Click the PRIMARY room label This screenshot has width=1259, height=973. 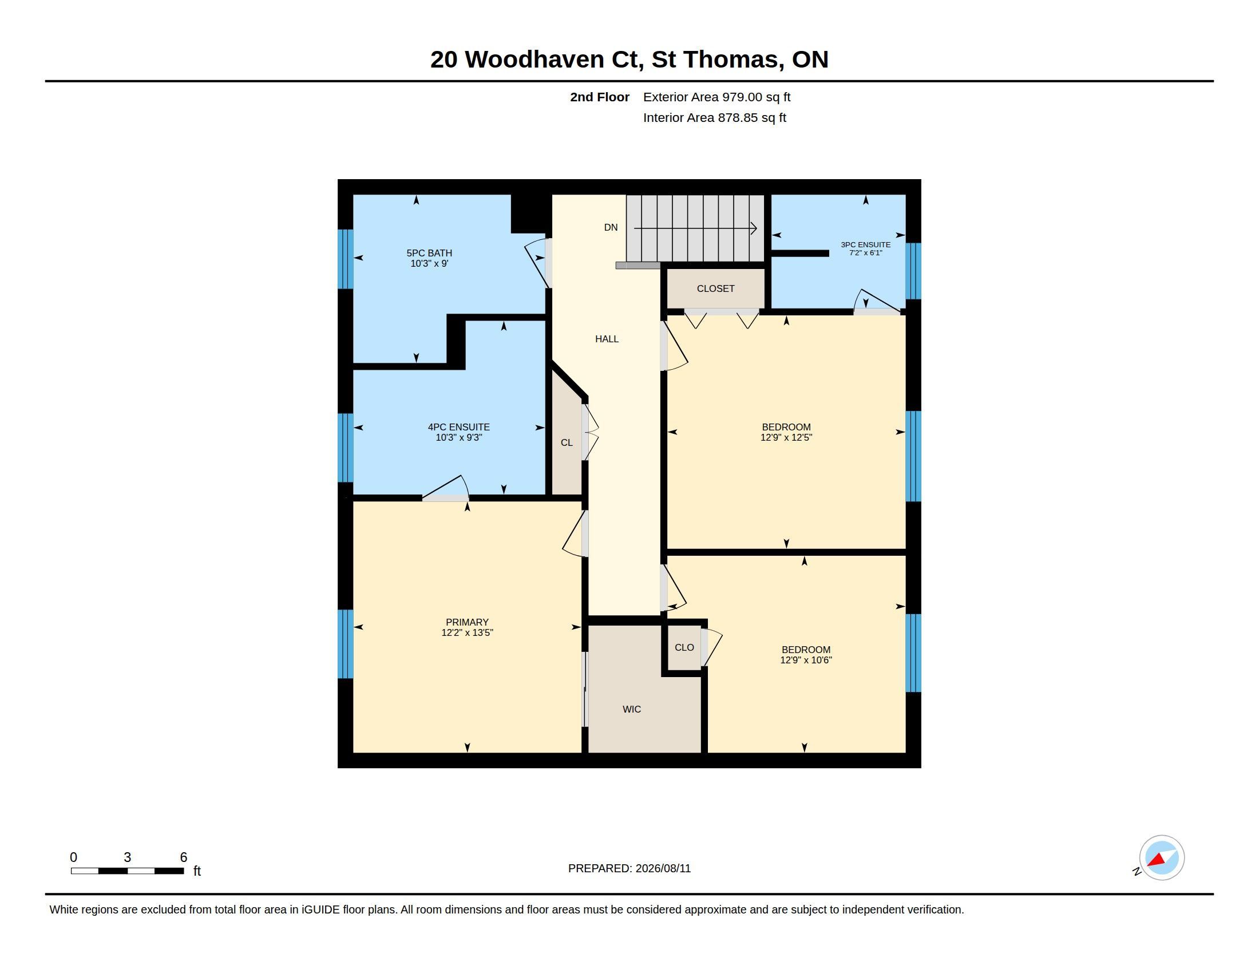pyautogui.click(x=467, y=622)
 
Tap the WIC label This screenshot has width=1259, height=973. pyautogui.click(x=632, y=709)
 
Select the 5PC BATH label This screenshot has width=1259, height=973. pyautogui.click(x=429, y=253)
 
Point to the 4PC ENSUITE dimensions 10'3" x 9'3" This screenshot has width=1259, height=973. pyautogui.click(x=459, y=437)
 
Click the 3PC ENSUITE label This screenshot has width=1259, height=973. pyautogui.click(x=866, y=244)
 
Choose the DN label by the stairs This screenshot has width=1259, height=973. pyautogui.click(x=611, y=227)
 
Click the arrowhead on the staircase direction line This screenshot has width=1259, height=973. pyautogui.click(x=754, y=228)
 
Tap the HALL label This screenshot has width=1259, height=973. pyautogui.click(x=607, y=339)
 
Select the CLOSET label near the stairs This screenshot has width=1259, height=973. pyautogui.click(x=716, y=288)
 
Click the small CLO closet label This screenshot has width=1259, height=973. pyautogui.click(x=684, y=647)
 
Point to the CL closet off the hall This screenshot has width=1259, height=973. pyautogui.click(x=567, y=442)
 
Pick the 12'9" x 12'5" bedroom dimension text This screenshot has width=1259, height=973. pyautogui.click(x=786, y=437)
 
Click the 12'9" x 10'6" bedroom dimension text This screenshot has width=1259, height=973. pyautogui.click(x=806, y=660)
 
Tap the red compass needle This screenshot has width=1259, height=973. pyautogui.click(x=1157, y=860)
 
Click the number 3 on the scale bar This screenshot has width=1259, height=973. pyautogui.click(x=128, y=857)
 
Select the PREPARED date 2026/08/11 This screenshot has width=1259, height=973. pyautogui.click(x=663, y=868)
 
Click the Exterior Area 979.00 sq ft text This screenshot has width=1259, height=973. pyautogui.click(x=716, y=97)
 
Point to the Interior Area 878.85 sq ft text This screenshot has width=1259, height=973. pyautogui.click(x=714, y=117)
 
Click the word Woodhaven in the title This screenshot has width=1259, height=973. pyautogui.click(x=535, y=59)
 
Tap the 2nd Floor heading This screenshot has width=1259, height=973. pyautogui.click(x=600, y=97)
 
